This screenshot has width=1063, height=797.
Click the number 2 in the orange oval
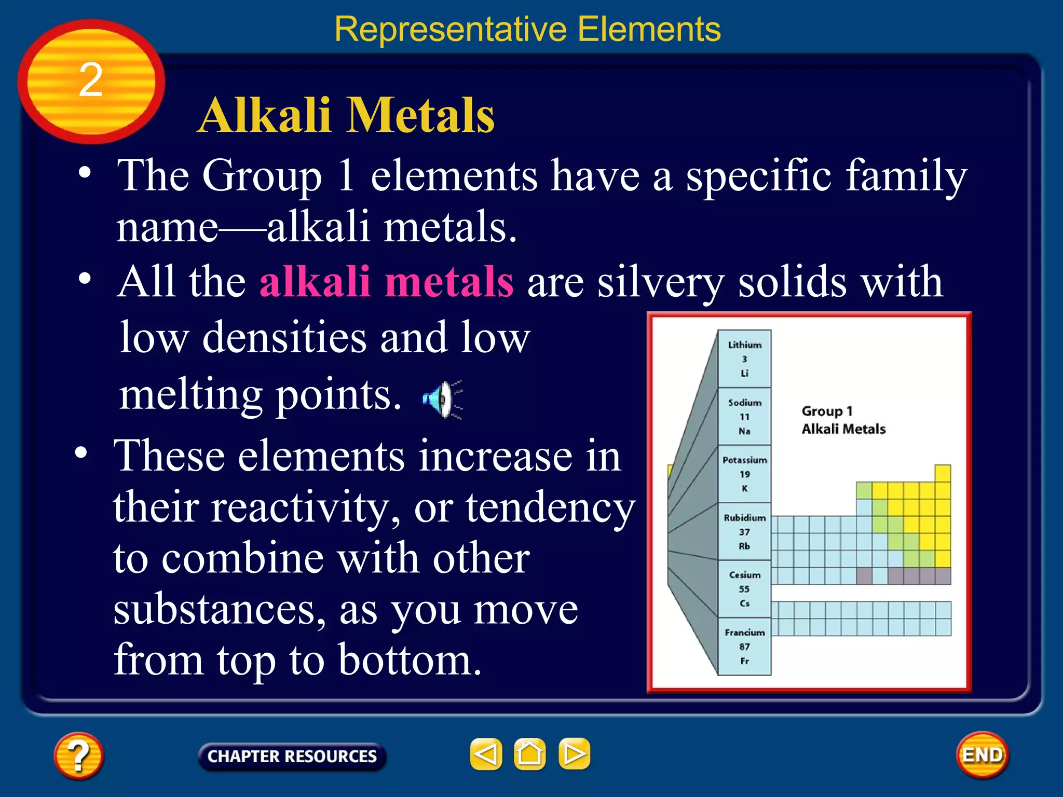tap(91, 80)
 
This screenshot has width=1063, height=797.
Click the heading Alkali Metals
tap(346, 116)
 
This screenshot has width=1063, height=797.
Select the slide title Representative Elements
tap(527, 29)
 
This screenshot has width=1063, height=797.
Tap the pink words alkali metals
tap(386, 282)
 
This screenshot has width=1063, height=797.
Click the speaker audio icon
tap(441, 399)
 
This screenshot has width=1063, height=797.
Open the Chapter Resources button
tap(292, 757)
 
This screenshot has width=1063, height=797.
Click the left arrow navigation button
tap(486, 754)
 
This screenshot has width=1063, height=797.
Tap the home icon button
tap(529, 754)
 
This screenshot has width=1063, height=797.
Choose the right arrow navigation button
tap(574, 754)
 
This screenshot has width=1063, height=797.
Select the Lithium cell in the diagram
tap(744, 359)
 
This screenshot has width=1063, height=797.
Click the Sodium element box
tap(744, 416)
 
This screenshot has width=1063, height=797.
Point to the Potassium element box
tap(744, 474)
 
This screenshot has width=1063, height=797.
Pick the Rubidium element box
tap(744, 531)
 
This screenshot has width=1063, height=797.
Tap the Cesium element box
tap(744, 589)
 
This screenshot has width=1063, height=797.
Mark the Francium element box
tap(744, 647)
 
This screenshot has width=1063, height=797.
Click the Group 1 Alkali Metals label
tap(843, 420)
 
